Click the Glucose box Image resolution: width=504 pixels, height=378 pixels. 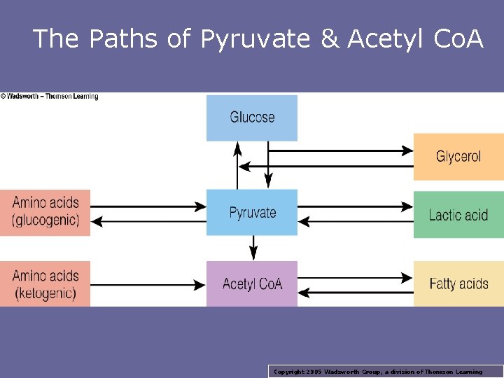click(x=252, y=118)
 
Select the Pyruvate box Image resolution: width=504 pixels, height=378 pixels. click(x=252, y=212)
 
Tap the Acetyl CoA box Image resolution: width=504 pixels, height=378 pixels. click(x=252, y=283)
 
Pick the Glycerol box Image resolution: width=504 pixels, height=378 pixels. click(x=458, y=156)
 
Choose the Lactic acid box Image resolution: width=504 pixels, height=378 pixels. click(x=458, y=214)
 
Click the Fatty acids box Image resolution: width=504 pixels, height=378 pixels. click(x=458, y=283)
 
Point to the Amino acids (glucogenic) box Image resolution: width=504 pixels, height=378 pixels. click(x=45, y=212)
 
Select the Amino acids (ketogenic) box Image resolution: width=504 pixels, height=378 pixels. click(x=45, y=283)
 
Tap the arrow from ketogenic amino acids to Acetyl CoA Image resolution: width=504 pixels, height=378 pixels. click(x=147, y=284)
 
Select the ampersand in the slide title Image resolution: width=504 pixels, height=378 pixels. click(x=329, y=39)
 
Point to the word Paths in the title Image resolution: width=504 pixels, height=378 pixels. click(x=125, y=39)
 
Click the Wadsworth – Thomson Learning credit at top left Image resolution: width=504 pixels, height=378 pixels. click(x=50, y=97)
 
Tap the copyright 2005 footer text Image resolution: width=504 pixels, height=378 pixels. click(x=378, y=372)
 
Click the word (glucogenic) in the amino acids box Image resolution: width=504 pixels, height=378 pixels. click(x=45, y=221)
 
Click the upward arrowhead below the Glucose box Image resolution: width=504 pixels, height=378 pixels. click(x=237, y=148)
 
